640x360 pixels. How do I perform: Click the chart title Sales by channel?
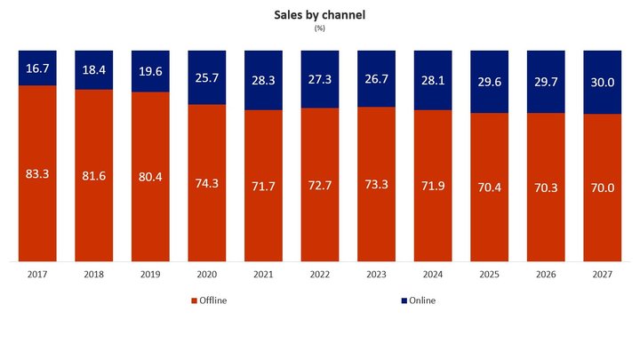point(319,15)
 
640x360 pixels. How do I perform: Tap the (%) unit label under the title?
point(319,28)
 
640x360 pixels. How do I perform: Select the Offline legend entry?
point(210,300)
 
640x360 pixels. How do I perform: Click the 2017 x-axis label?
point(38,276)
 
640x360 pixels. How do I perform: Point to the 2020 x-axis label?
point(207,276)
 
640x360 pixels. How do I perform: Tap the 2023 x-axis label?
point(376,276)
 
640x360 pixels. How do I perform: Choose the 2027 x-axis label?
point(601,276)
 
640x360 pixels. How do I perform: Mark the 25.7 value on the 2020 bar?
point(207,76)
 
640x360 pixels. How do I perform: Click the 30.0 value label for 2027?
point(601,81)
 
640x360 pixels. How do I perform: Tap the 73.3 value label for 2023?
point(376,184)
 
